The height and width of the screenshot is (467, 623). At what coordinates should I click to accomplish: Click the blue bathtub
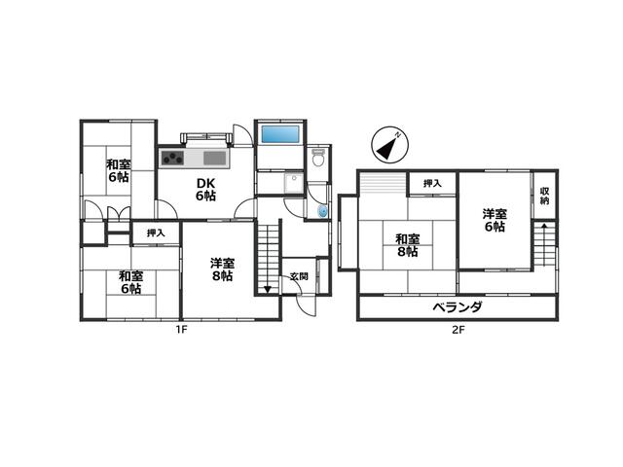(280, 134)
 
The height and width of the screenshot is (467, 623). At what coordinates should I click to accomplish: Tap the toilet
(318, 158)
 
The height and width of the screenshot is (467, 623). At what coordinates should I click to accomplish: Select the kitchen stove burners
(172, 158)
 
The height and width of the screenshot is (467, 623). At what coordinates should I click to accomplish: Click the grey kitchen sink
(214, 158)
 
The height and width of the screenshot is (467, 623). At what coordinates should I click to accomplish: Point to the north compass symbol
(389, 145)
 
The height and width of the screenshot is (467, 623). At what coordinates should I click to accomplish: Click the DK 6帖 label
(205, 190)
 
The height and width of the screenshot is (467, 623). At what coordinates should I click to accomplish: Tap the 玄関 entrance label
(299, 276)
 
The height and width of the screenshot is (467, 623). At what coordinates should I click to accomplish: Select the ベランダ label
(458, 307)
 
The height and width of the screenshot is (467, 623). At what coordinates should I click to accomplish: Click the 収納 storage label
(545, 196)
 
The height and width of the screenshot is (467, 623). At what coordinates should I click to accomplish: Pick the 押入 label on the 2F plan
(432, 184)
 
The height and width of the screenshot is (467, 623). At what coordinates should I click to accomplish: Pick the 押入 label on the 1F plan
(156, 233)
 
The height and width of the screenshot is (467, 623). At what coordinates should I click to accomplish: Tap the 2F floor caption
(458, 330)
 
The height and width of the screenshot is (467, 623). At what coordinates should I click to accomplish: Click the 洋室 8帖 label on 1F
(222, 269)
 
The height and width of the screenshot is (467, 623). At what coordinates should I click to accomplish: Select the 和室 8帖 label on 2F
(408, 245)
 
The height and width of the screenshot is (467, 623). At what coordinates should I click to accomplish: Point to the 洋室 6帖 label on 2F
(495, 221)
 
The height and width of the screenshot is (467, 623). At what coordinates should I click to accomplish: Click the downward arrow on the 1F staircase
(268, 289)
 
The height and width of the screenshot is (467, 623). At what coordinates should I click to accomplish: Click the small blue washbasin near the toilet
(323, 211)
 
